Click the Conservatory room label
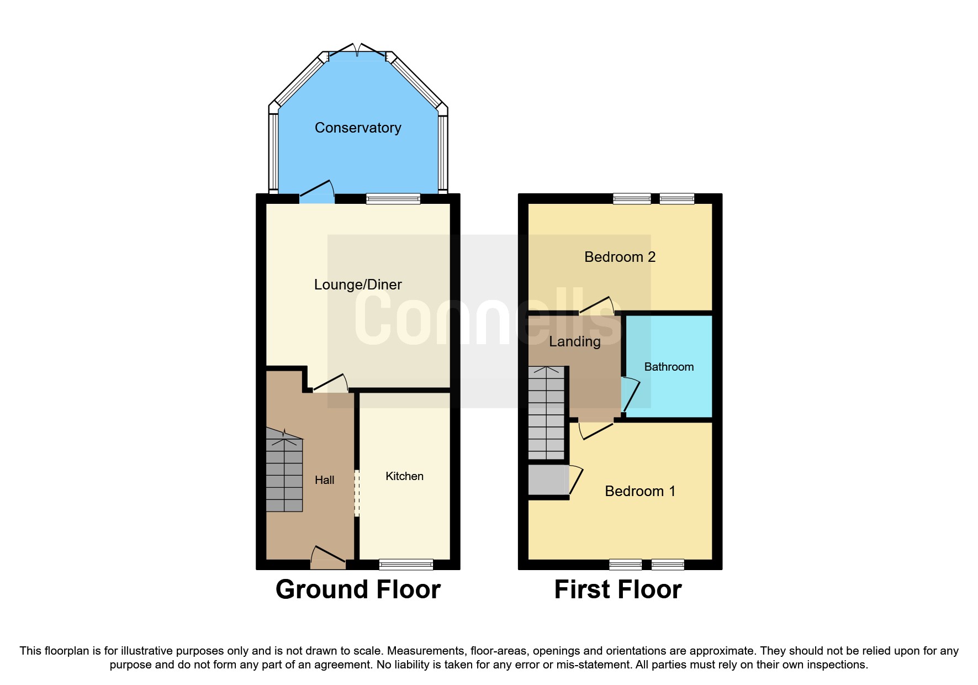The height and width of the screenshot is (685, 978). click(x=358, y=128)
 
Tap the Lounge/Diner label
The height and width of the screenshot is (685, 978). click(x=358, y=284)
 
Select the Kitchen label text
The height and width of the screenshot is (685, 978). click(x=404, y=476)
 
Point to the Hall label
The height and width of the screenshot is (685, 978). click(x=325, y=480)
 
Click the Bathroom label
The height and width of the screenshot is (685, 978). click(x=669, y=367)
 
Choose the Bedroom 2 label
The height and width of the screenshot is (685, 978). click(x=620, y=257)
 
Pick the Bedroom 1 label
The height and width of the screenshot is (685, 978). click(x=640, y=491)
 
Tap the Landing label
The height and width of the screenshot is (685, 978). click(x=574, y=341)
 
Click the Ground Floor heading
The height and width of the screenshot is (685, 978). click(x=358, y=589)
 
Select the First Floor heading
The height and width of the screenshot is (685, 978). click(x=618, y=589)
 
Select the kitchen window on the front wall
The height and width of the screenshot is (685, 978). click(x=406, y=564)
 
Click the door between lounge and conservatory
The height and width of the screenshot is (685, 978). click(x=317, y=191)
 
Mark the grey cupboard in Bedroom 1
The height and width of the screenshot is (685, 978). click(x=548, y=480)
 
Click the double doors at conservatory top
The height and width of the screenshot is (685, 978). click(x=357, y=51)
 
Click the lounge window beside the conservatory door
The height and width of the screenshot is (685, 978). click(x=393, y=199)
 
